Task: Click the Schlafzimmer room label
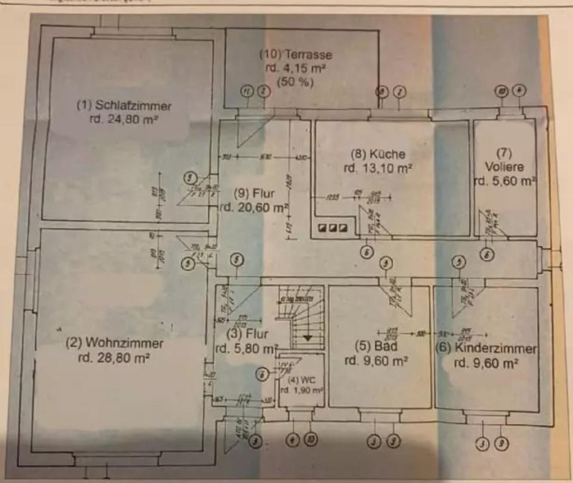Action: [x=124, y=106]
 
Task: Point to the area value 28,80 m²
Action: [x=113, y=359]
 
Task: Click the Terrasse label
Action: [x=295, y=54]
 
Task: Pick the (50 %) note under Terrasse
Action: [x=295, y=82]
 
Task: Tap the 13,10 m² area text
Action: [x=378, y=168]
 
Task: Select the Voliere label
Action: [x=505, y=167]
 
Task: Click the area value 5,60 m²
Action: [x=505, y=181]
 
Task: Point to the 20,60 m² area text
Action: [x=254, y=208]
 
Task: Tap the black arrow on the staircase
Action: [x=307, y=338]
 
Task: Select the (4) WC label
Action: [x=302, y=379]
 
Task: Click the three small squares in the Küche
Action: [x=332, y=227]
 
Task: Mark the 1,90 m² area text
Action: [x=302, y=391]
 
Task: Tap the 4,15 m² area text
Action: [x=295, y=68]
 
